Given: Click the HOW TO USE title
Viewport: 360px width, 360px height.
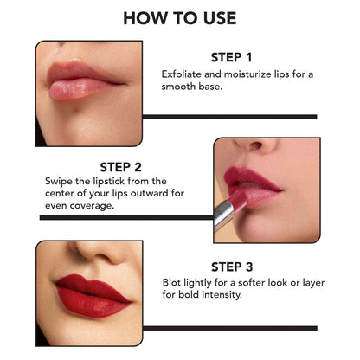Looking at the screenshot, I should [x=179, y=17].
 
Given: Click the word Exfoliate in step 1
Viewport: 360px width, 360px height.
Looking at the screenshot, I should [x=183, y=74].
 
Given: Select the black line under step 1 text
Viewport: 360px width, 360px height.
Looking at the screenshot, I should [x=228, y=116].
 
